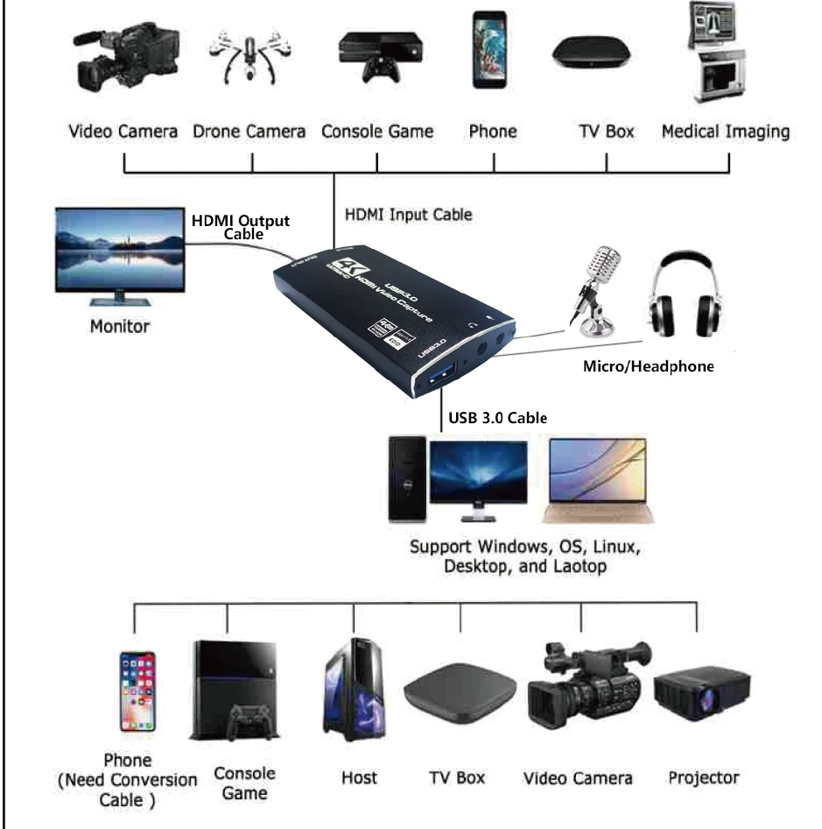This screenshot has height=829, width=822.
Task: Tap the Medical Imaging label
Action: pos(726,131)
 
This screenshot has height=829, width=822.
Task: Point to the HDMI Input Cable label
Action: pos(408,214)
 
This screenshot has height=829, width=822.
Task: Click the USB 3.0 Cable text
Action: pos(497,417)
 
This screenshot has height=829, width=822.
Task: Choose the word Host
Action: pos(359,777)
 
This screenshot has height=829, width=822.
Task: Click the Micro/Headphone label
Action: pos(648,366)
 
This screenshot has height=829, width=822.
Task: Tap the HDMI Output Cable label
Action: pos(241,226)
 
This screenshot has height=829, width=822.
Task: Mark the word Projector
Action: pos(703,777)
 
